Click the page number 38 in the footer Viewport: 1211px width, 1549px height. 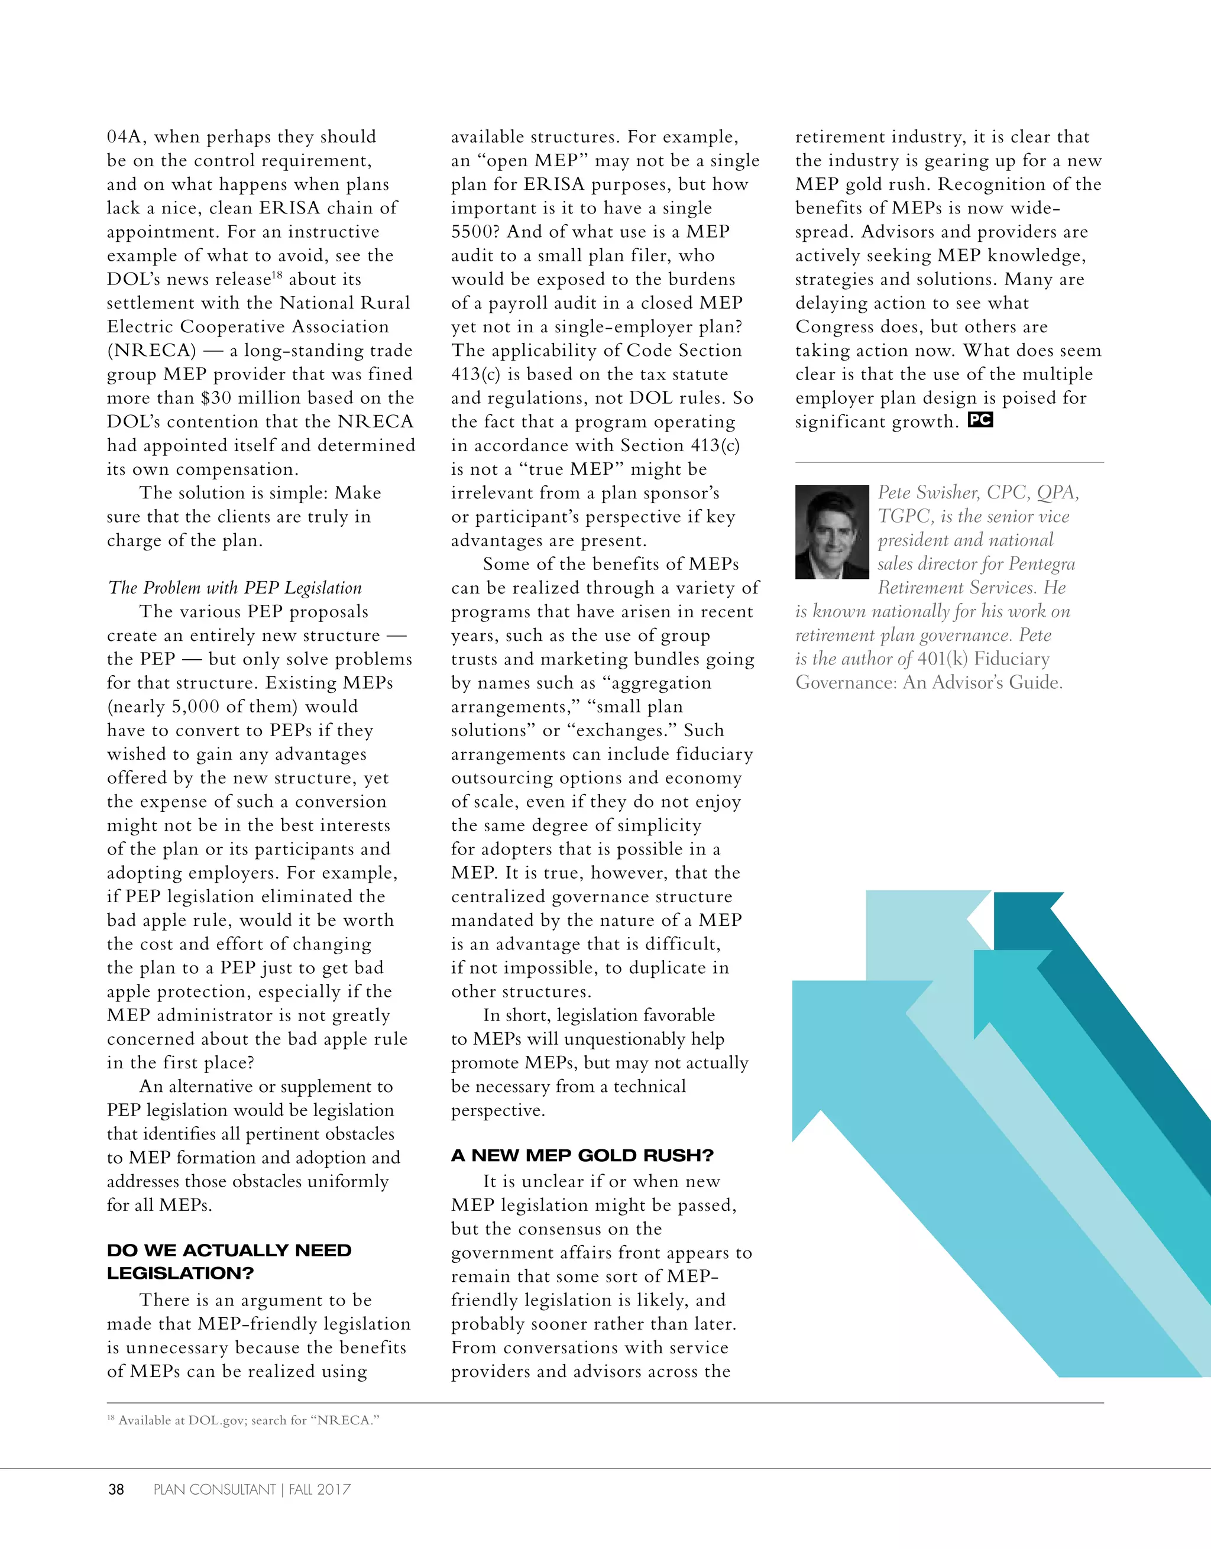pyautogui.click(x=116, y=1489)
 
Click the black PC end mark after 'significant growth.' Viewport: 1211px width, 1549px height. pyautogui.click(x=980, y=420)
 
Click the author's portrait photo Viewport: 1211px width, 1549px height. pyautogui.click(x=831, y=532)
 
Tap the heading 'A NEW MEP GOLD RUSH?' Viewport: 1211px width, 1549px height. pyautogui.click(x=582, y=1155)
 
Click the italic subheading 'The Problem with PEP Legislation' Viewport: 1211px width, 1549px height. pyautogui.click(x=235, y=588)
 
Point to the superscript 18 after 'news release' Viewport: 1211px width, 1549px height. pyautogui.click(x=277, y=274)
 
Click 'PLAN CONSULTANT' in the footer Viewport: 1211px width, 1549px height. pyautogui.click(x=214, y=1489)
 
